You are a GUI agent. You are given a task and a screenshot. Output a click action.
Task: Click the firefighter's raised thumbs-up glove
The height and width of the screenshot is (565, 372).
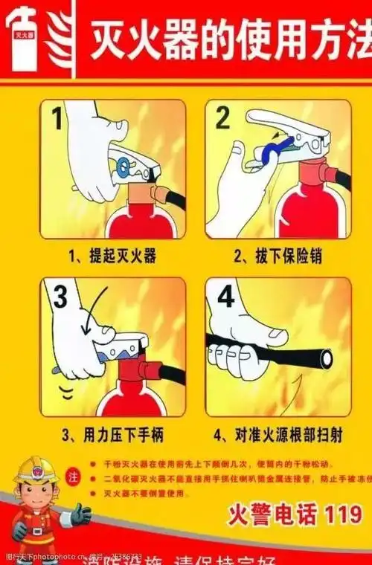[80, 514]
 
